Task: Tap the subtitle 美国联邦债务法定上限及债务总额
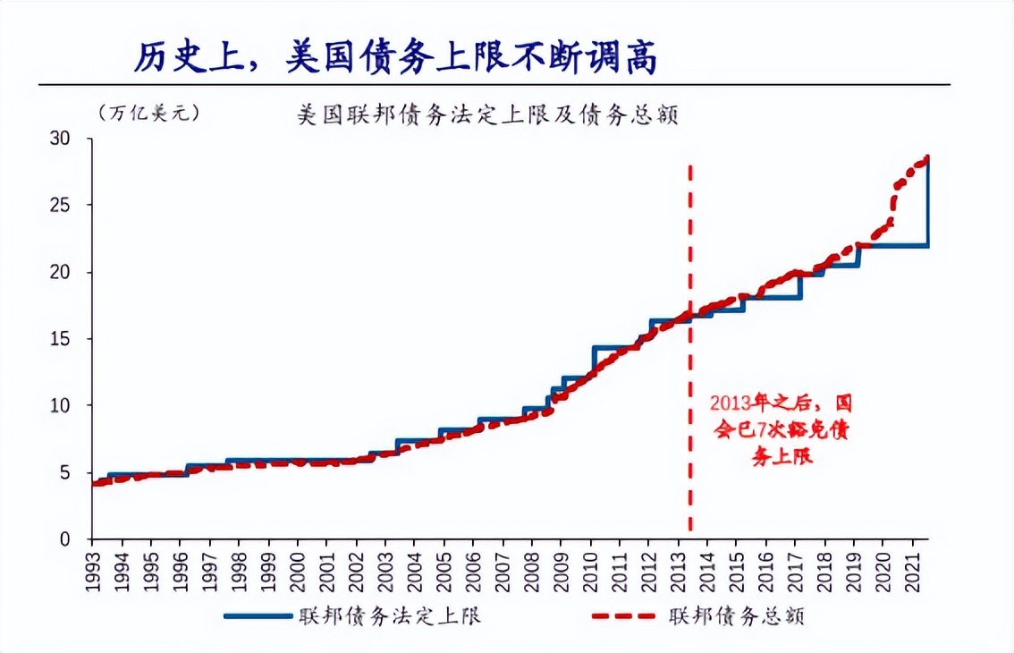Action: coord(487,116)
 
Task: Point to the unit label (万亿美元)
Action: coord(148,113)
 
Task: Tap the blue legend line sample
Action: coord(258,616)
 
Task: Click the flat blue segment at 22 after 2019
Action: coord(894,245)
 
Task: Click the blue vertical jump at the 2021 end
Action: coord(928,201)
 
